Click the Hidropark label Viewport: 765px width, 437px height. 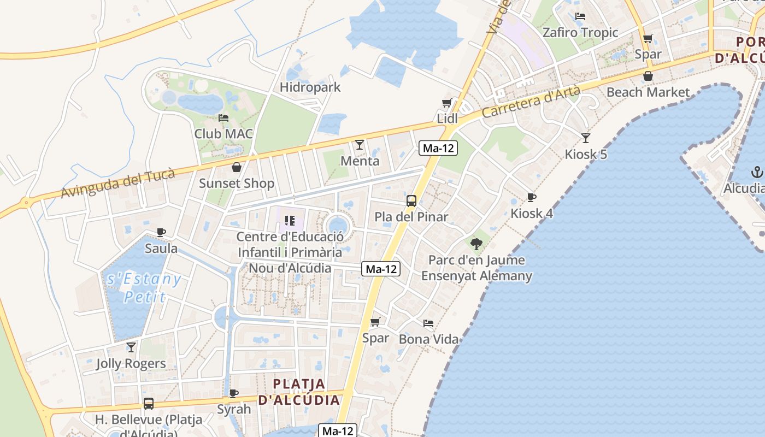click(x=310, y=87)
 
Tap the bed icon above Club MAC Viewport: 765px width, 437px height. click(x=223, y=117)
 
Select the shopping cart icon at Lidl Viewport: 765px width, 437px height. click(x=446, y=103)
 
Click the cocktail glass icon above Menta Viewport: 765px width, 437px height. click(x=360, y=145)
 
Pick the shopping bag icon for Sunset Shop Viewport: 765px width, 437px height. click(x=237, y=167)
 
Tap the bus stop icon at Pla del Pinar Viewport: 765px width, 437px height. click(x=411, y=201)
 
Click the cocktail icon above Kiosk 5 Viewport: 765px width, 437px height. click(x=586, y=138)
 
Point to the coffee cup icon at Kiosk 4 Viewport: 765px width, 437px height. click(x=531, y=197)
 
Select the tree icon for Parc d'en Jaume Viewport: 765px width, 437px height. click(x=476, y=244)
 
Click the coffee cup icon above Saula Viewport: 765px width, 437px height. click(x=161, y=232)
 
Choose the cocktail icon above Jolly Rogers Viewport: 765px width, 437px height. click(x=131, y=347)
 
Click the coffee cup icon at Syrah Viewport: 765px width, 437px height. click(x=234, y=393)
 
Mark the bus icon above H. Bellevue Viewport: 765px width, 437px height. click(x=148, y=404)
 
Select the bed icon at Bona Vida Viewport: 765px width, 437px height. click(x=428, y=323)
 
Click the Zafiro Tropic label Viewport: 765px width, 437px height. click(x=580, y=33)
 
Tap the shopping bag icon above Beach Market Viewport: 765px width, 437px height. click(x=648, y=76)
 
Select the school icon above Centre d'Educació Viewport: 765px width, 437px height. click(x=290, y=221)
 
